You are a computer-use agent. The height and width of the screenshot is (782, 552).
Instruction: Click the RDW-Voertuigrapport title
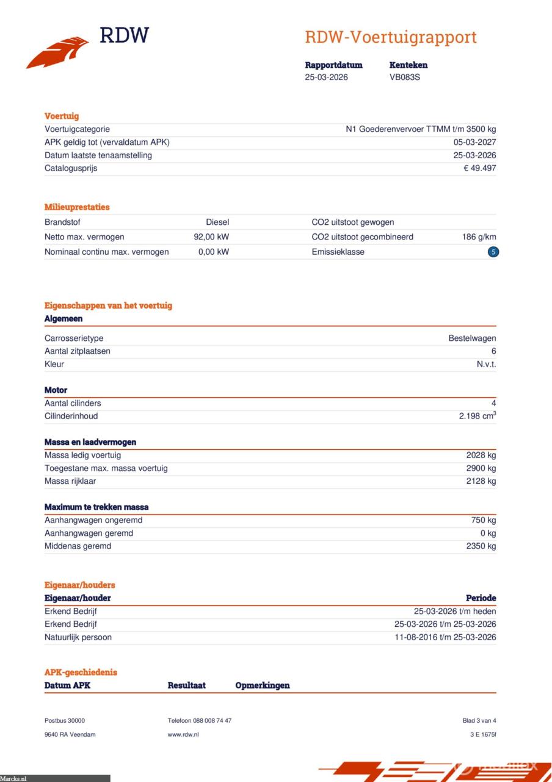[390, 37]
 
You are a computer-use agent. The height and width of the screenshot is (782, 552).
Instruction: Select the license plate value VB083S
[405, 78]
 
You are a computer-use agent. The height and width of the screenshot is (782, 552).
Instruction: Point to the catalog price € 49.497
[479, 168]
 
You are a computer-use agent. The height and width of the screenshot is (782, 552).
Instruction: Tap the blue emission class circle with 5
[493, 252]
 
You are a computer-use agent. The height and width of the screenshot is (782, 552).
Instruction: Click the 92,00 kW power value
[211, 237]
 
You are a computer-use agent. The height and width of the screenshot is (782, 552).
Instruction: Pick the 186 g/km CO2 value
[479, 237]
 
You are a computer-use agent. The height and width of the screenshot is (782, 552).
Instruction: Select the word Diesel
[217, 222]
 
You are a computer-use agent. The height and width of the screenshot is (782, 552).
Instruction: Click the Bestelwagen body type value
[472, 338]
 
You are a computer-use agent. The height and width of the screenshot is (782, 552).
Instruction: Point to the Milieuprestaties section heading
[77, 207]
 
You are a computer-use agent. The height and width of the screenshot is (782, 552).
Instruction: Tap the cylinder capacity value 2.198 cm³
[477, 416]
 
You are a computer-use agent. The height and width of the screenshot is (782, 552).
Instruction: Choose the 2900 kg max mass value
[481, 469]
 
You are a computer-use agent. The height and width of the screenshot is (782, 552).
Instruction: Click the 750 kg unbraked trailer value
[484, 521]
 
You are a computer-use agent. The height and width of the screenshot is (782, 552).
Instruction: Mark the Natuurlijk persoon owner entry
[78, 637]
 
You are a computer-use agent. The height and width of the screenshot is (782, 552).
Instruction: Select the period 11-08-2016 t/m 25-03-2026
[445, 637]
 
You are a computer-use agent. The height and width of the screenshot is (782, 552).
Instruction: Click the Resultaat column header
[186, 685]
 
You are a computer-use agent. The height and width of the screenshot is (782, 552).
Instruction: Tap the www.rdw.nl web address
[183, 734]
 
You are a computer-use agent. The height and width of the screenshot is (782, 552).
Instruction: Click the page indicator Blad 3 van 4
[479, 721]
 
